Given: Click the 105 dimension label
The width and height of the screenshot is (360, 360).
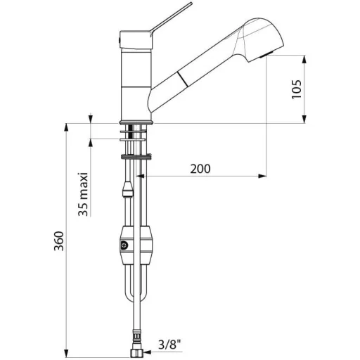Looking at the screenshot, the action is click(297, 89).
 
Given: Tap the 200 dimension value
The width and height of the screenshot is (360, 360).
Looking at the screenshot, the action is click(200, 169).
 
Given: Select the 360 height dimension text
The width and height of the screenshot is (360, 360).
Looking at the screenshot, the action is click(59, 241).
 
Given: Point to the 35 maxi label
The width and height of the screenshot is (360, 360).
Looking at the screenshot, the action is click(83, 194).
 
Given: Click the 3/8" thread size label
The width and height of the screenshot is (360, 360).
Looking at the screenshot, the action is click(169, 345).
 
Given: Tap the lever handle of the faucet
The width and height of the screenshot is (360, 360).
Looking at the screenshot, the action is click(171, 18).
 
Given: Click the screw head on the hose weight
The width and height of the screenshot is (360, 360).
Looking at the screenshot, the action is click(124, 245).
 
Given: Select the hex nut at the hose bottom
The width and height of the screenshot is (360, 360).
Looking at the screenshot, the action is click(137, 353).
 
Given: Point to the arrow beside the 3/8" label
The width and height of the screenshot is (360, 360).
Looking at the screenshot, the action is click(148, 352).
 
